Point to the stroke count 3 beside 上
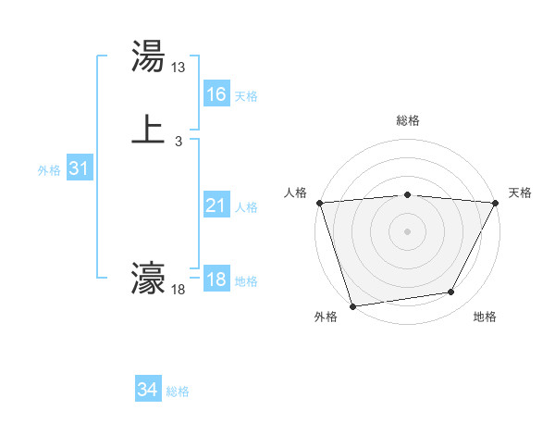(178, 142)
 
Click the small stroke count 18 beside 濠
(179, 291)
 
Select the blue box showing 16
(216, 94)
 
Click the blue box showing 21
(216, 205)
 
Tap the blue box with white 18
(216, 280)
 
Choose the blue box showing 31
(79, 168)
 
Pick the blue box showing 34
(148, 390)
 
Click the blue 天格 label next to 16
(246, 96)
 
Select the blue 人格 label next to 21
(246, 207)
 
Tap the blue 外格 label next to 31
(49, 170)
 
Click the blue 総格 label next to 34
(178, 391)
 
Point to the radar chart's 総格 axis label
(408, 120)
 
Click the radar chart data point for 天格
(496, 204)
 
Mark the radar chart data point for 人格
(319, 203)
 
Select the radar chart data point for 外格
(352, 305)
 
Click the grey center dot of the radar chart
(408, 231)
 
